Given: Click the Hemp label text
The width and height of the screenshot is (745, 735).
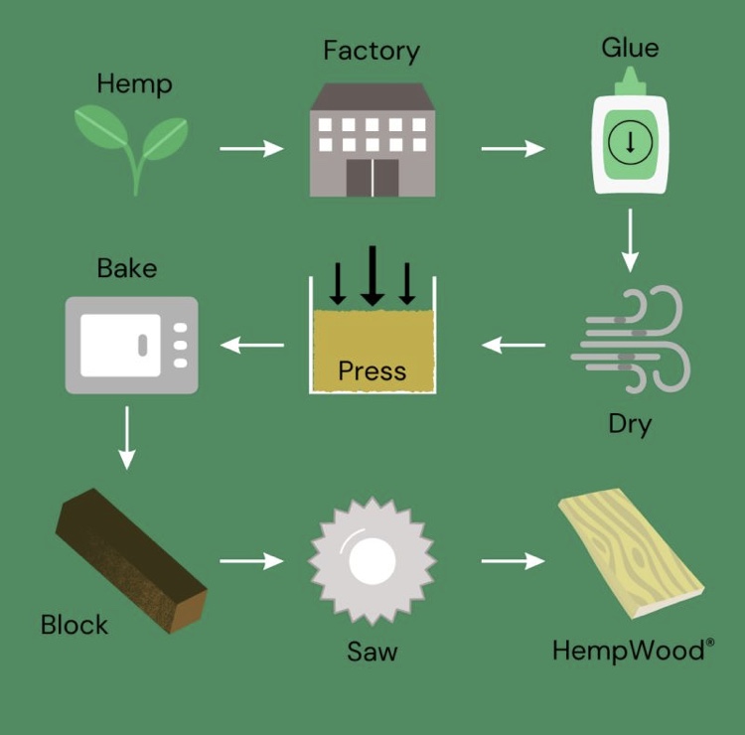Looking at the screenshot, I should [x=134, y=84].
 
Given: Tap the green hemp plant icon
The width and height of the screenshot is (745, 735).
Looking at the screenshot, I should [x=132, y=144].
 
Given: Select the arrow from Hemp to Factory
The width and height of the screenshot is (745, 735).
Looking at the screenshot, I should [x=251, y=149].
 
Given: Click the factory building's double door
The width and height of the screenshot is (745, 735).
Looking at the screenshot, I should [x=372, y=177].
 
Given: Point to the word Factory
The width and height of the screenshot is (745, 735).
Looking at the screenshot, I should [x=372, y=51].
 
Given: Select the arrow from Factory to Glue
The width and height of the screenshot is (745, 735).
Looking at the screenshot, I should [x=513, y=149].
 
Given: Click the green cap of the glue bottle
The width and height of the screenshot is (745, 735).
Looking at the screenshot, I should [x=630, y=85].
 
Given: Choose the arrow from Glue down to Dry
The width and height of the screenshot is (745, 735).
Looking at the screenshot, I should [x=630, y=240].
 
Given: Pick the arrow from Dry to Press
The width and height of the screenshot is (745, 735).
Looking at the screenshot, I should [x=513, y=346].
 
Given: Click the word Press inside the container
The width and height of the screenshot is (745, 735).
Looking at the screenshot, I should [x=372, y=371].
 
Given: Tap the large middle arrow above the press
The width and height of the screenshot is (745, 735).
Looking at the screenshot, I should [x=372, y=274].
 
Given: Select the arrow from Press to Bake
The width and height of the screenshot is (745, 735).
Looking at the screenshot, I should [x=251, y=346].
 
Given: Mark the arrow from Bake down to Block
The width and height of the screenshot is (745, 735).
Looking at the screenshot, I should [x=126, y=436].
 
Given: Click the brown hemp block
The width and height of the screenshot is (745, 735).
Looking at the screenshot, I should [x=130, y=561].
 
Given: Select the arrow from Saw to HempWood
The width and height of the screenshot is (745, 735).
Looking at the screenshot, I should [x=513, y=561].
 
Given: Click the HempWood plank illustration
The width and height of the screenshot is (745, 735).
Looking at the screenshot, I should [x=631, y=551].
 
